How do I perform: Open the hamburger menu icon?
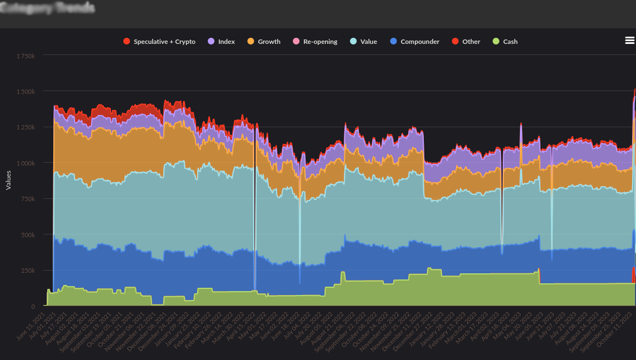[629, 40]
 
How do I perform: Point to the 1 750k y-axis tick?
[26, 56]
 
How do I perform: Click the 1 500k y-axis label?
[26, 91]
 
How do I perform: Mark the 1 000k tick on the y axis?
[26, 163]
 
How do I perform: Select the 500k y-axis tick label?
[29, 235]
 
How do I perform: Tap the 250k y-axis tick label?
[29, 271]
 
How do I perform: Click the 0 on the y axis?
[33, 306]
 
